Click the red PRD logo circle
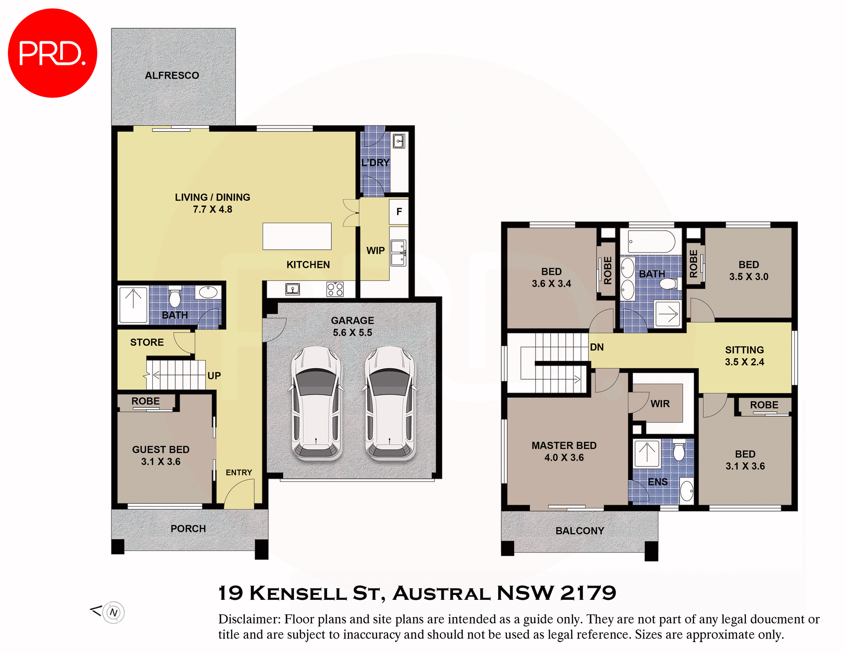[52, 53]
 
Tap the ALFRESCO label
[172, 75]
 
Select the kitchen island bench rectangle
[297, 236]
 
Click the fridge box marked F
[399, 212]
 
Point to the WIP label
[375, 250]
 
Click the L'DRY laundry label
[375, 162]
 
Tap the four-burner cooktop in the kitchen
[335, 289]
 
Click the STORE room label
[147, 342]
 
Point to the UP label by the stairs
[214, 376]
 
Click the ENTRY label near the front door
[239, 473]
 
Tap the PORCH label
[188, 528]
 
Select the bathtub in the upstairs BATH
[651, 242]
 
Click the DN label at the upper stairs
[597, 347]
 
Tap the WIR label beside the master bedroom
[660, 404]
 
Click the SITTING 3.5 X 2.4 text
[745, 356]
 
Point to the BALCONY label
[580, 531]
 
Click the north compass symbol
[114, 613]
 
